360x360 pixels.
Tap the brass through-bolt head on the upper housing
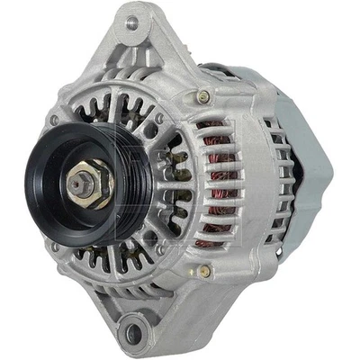pyautogui.click(x=204, y=96)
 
